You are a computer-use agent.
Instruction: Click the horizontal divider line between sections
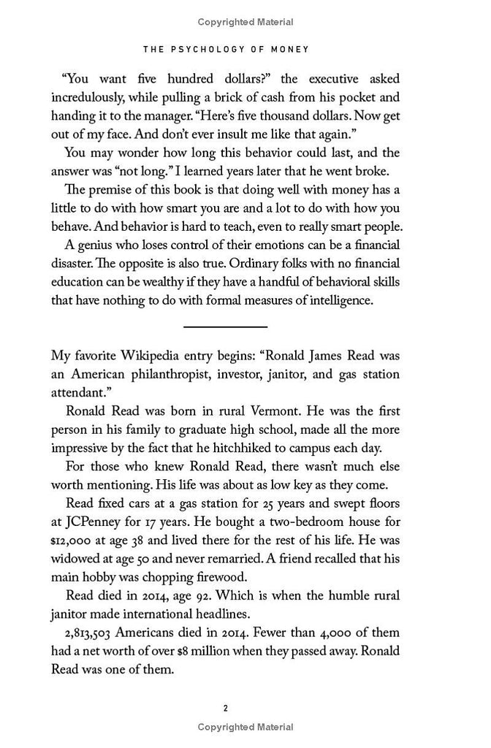(x=225, y=326)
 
